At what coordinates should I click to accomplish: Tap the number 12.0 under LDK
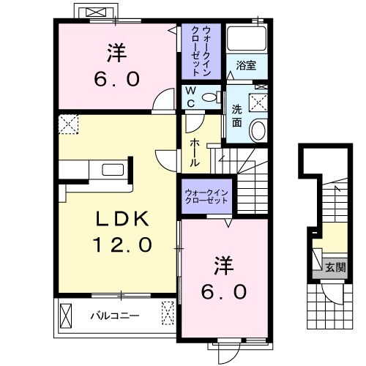point(120,244)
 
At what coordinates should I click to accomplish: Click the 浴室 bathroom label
point(245,65)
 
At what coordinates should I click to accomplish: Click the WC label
point(190,97)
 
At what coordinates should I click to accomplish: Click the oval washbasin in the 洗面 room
point(258,130)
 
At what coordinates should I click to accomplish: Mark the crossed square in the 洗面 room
point(258,101)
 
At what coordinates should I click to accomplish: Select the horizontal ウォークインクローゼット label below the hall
point(206,195)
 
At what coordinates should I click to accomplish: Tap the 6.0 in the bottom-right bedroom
point(223,291)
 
